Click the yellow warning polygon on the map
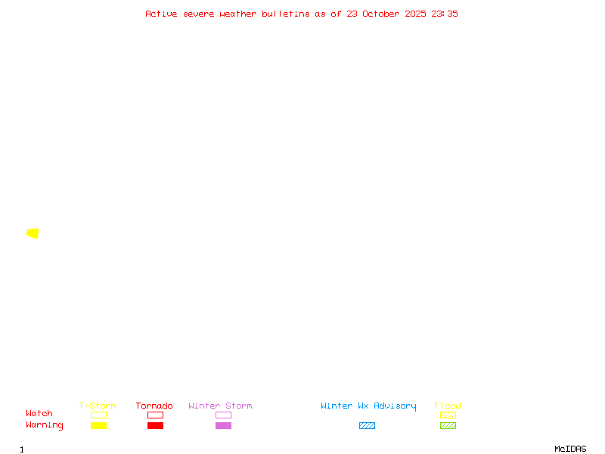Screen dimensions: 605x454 (33, 234)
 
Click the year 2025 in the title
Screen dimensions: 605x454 (415, 14)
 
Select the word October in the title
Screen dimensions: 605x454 (380, 14)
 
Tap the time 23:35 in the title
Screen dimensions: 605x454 (445, 14)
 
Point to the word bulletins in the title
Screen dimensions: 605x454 (286, 14)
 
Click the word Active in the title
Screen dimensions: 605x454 (161, 14)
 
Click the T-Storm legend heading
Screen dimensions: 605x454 (98, 406)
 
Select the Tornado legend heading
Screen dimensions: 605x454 (154, 406)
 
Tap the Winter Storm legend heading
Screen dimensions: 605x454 (220, 406)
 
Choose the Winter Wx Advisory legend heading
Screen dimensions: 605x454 (368, 406)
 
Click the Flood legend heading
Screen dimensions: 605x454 (447, 406)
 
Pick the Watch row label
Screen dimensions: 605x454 (39, 413)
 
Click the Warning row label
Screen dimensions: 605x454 (45, 425)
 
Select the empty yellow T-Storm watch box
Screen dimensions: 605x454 (99, 415)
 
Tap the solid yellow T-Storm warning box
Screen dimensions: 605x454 (99, 425)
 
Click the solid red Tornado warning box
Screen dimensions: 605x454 (156, 425)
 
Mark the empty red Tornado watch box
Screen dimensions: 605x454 (156, 415)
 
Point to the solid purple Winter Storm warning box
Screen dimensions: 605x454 (223, 425)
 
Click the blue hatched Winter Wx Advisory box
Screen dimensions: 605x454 (367, 425)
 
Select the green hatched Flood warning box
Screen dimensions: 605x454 (448, 425)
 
